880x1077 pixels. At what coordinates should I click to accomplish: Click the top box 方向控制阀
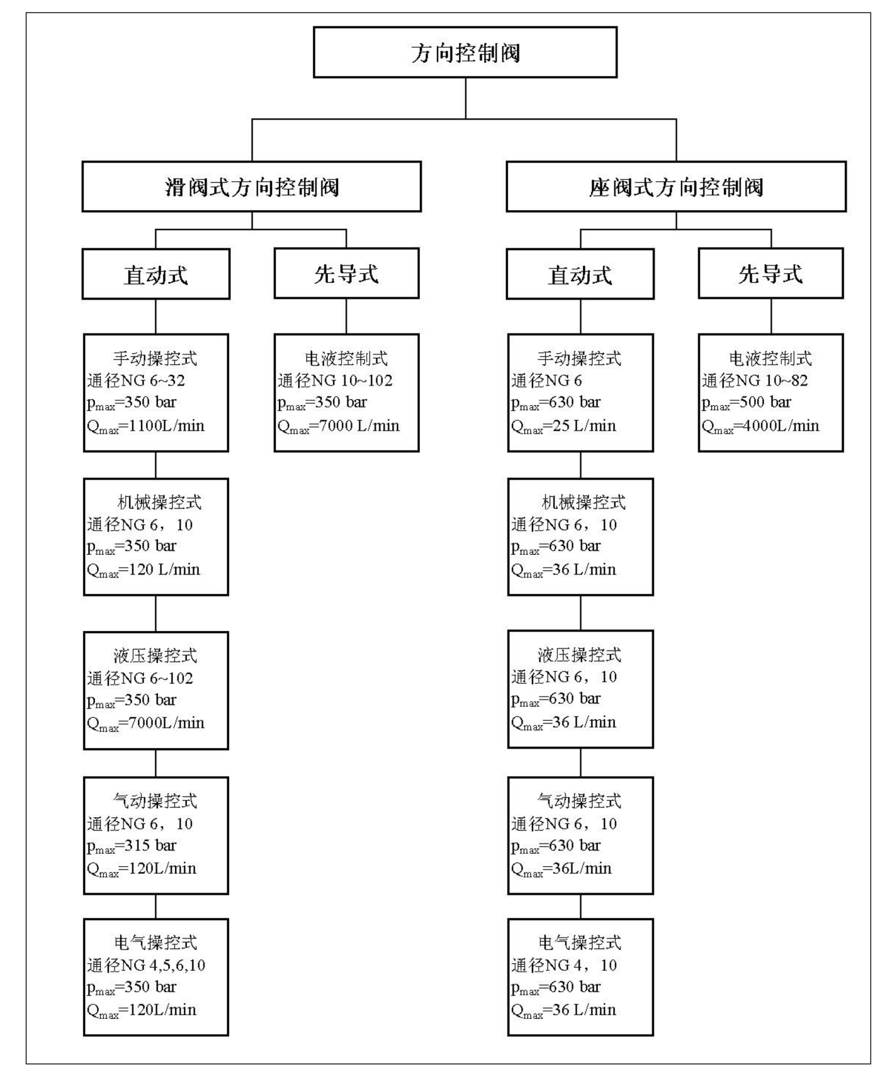coord(465,52)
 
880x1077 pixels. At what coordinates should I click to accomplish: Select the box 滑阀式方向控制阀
coord(251,187)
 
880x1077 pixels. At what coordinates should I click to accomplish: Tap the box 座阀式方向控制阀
coord(676,187)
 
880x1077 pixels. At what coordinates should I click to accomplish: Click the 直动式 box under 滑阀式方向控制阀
coord(156,274)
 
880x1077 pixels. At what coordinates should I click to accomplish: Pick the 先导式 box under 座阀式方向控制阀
coord(771,273)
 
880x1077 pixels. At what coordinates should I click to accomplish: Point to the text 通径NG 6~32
coord(136,381)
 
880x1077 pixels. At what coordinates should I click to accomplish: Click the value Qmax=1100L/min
coord(146,427)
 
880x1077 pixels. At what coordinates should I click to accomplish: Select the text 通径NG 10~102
coord(335,381)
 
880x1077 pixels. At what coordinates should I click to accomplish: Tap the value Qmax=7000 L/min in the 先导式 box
coord(338,427)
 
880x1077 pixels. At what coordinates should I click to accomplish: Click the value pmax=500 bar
coord(746,403)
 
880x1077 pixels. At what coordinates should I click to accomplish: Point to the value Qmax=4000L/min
coord(760,427)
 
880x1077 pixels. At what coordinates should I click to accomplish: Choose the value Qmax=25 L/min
coord(563,427)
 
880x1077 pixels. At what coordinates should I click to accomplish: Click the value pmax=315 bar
coord(131,846)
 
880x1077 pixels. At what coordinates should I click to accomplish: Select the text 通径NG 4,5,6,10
coord(146,965)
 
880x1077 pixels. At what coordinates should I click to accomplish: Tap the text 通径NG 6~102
coord(140,679)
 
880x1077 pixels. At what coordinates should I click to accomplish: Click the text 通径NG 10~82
coord(755,381)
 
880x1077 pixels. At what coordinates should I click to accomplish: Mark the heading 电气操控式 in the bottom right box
coord(580,943)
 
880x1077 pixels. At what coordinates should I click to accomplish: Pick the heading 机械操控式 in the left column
coord(160,503)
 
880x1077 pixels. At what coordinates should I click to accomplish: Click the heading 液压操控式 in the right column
coord(580,655)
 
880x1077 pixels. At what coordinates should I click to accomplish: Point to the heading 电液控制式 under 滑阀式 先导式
coord(346,358)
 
